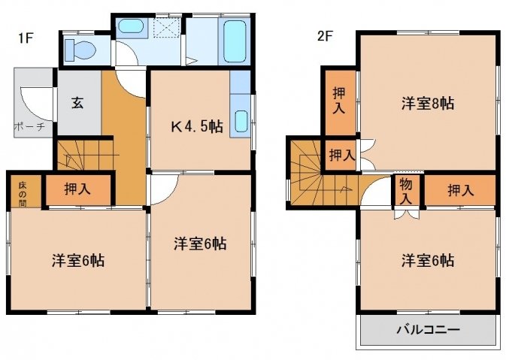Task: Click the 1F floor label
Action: pos(26,38)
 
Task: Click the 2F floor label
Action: pos(325,36)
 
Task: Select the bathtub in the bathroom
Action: pos(235,41)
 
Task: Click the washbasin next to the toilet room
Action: pos(130,26)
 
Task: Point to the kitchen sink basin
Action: pos(241,121)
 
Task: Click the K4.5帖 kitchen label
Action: pos(196,126)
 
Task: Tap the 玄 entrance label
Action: pos(77,102)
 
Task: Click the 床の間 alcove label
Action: pos(23,194)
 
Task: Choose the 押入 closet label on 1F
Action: pos(77,189)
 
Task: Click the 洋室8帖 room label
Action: pos(428,104)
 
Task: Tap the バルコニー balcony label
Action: pos(428,329)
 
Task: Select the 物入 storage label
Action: pos(406,192)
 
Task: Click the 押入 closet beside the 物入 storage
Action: pos(460,190)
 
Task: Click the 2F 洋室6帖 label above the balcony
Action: pos(428,260)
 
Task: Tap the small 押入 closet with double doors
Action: pos(342,155)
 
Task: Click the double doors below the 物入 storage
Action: pos(407,214)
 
